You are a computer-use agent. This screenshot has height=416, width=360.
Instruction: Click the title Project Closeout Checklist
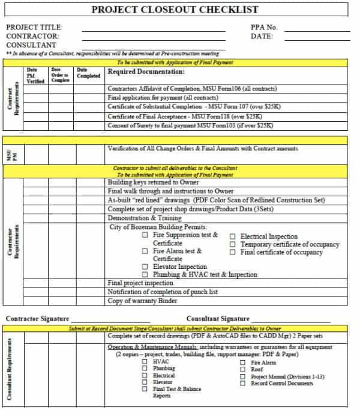(x=175, y=10)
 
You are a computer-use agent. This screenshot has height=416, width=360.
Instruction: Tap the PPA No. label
(x=263, y=27)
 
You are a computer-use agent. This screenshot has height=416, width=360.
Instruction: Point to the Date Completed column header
(x=88, y=73)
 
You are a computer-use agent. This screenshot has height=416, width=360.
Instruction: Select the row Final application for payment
(x=162, y=97)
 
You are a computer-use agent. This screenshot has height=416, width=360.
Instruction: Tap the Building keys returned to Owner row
(x=153, y=182)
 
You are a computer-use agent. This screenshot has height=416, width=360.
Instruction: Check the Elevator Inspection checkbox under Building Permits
(x=145, y=267)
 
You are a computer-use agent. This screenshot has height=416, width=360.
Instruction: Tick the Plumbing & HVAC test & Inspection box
(x=145, y=274)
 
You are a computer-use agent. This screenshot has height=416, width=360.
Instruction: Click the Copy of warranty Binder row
(x=142, y=301)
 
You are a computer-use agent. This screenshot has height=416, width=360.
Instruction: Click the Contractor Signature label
(x=38, y=319)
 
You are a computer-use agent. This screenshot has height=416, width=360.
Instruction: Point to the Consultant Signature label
(x=218, y=319)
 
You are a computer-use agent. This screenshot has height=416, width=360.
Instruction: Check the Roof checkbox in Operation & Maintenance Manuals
(x=242, y=370)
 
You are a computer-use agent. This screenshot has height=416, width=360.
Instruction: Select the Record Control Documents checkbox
(x=242, y=383)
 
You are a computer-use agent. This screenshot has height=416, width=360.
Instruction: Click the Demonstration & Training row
(x=144, y=218)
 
